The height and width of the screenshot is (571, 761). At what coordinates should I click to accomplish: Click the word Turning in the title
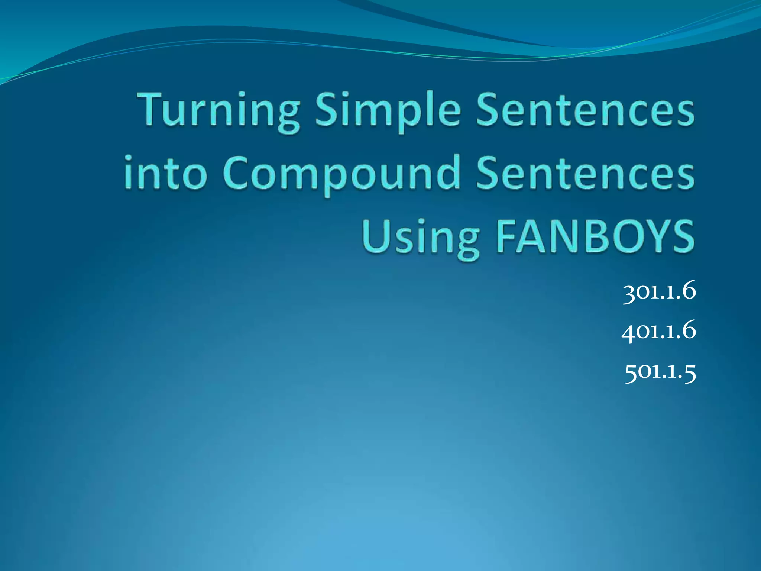218,112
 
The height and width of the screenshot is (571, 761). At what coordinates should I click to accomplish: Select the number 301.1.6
659,292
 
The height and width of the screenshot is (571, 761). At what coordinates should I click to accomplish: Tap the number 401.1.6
658,331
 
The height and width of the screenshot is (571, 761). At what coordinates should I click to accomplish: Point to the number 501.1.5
660,371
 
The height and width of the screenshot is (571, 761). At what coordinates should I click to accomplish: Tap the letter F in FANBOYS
506,236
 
